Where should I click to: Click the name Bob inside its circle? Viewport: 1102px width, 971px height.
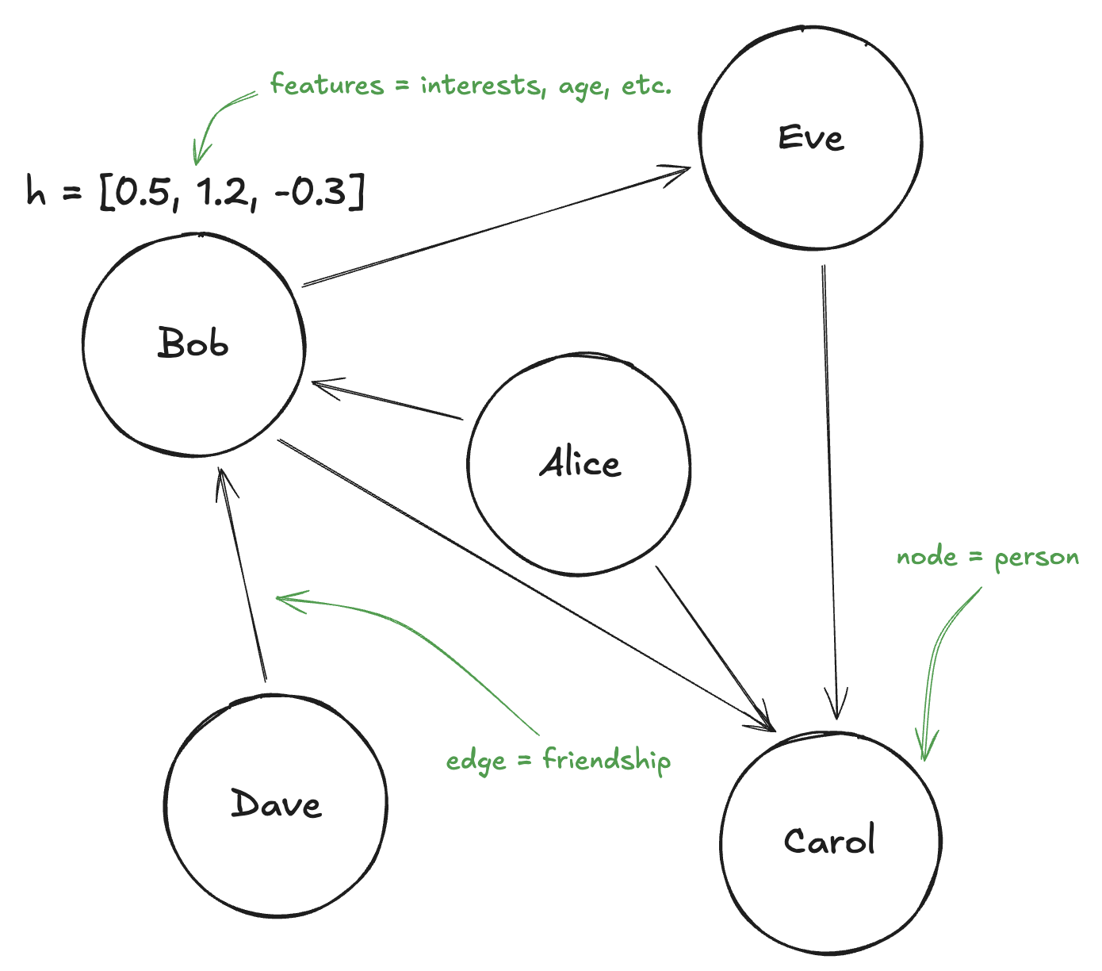[x=193, y=343]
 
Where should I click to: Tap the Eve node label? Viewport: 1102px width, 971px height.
[x=810, y=138]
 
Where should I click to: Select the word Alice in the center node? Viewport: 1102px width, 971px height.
[x=580, y=463]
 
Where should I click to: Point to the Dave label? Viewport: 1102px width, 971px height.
[x=276, y=804]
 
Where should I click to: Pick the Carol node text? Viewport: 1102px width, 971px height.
[x=829, y=841]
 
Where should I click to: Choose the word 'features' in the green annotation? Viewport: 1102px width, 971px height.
[x=327, y=84]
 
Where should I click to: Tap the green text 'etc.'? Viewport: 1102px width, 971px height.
[x=646, y=85]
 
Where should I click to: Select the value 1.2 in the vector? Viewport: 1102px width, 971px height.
[x=224, y=193]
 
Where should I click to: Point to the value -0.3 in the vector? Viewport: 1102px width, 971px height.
[x=312, y=193]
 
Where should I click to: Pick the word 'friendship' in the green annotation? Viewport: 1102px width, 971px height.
[x=606, y=760]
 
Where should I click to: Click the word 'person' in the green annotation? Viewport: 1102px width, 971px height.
[x=1037, y=558]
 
